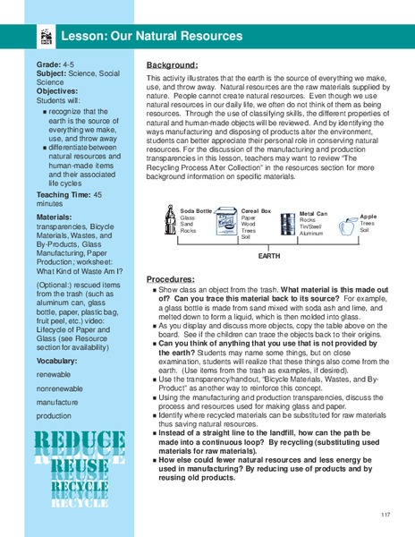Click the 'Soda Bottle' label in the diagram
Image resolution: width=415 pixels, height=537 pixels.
(197, 209)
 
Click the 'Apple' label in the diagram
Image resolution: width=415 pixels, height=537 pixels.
(368, 217)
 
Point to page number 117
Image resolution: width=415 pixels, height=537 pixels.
(385, 514)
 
